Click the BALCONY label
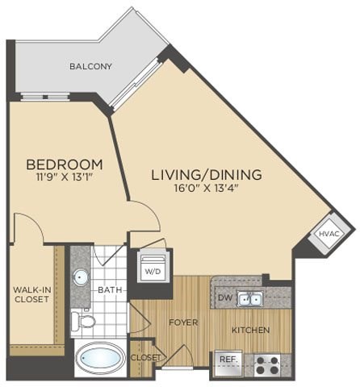click(x=90, y=66)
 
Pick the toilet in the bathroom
click(x=83, y=322)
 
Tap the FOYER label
click(x=182, y=322)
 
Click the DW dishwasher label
click(x=226, y=298)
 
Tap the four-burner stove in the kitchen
click(x=266, y=364)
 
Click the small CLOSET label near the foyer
click(x=145, y=357)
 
